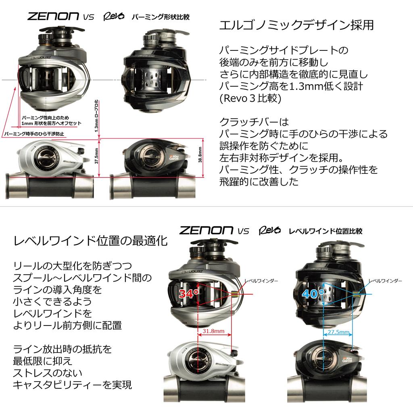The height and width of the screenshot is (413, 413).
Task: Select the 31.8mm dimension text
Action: [x=214, y=331]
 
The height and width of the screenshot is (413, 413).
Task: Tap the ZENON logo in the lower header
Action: [x=206, y=231]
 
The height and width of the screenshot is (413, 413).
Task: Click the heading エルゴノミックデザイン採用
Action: [x=296, y=25]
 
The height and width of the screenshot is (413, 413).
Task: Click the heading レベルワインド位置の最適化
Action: [x=90, y=241]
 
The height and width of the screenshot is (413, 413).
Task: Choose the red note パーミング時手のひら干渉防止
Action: [x=34, y=134]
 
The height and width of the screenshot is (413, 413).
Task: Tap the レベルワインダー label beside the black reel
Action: [x=385, y=280]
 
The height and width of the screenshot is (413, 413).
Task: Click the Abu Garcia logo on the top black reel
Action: [x=174, y=158]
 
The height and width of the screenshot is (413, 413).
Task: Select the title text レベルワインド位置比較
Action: [x=325, y=231]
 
